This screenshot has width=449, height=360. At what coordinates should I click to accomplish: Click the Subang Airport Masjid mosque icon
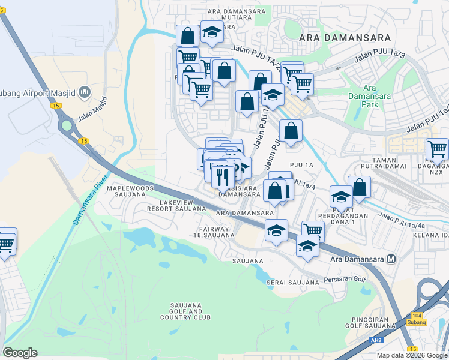pyautogui.click(x=85, y=92)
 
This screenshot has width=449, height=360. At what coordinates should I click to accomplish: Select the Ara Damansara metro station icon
pyautogui.click(x=391, y=259)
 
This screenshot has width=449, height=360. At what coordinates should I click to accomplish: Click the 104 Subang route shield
pyautogui.click(x=418, y=319)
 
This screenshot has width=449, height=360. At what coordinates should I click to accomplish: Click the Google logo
pyautogui.click(x=20, y=353)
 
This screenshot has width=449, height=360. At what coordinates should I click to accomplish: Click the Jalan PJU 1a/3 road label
pyautogui.click(x=380, y=57)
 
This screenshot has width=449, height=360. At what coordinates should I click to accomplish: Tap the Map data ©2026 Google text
pyautogui.click(x=412, y=355)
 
